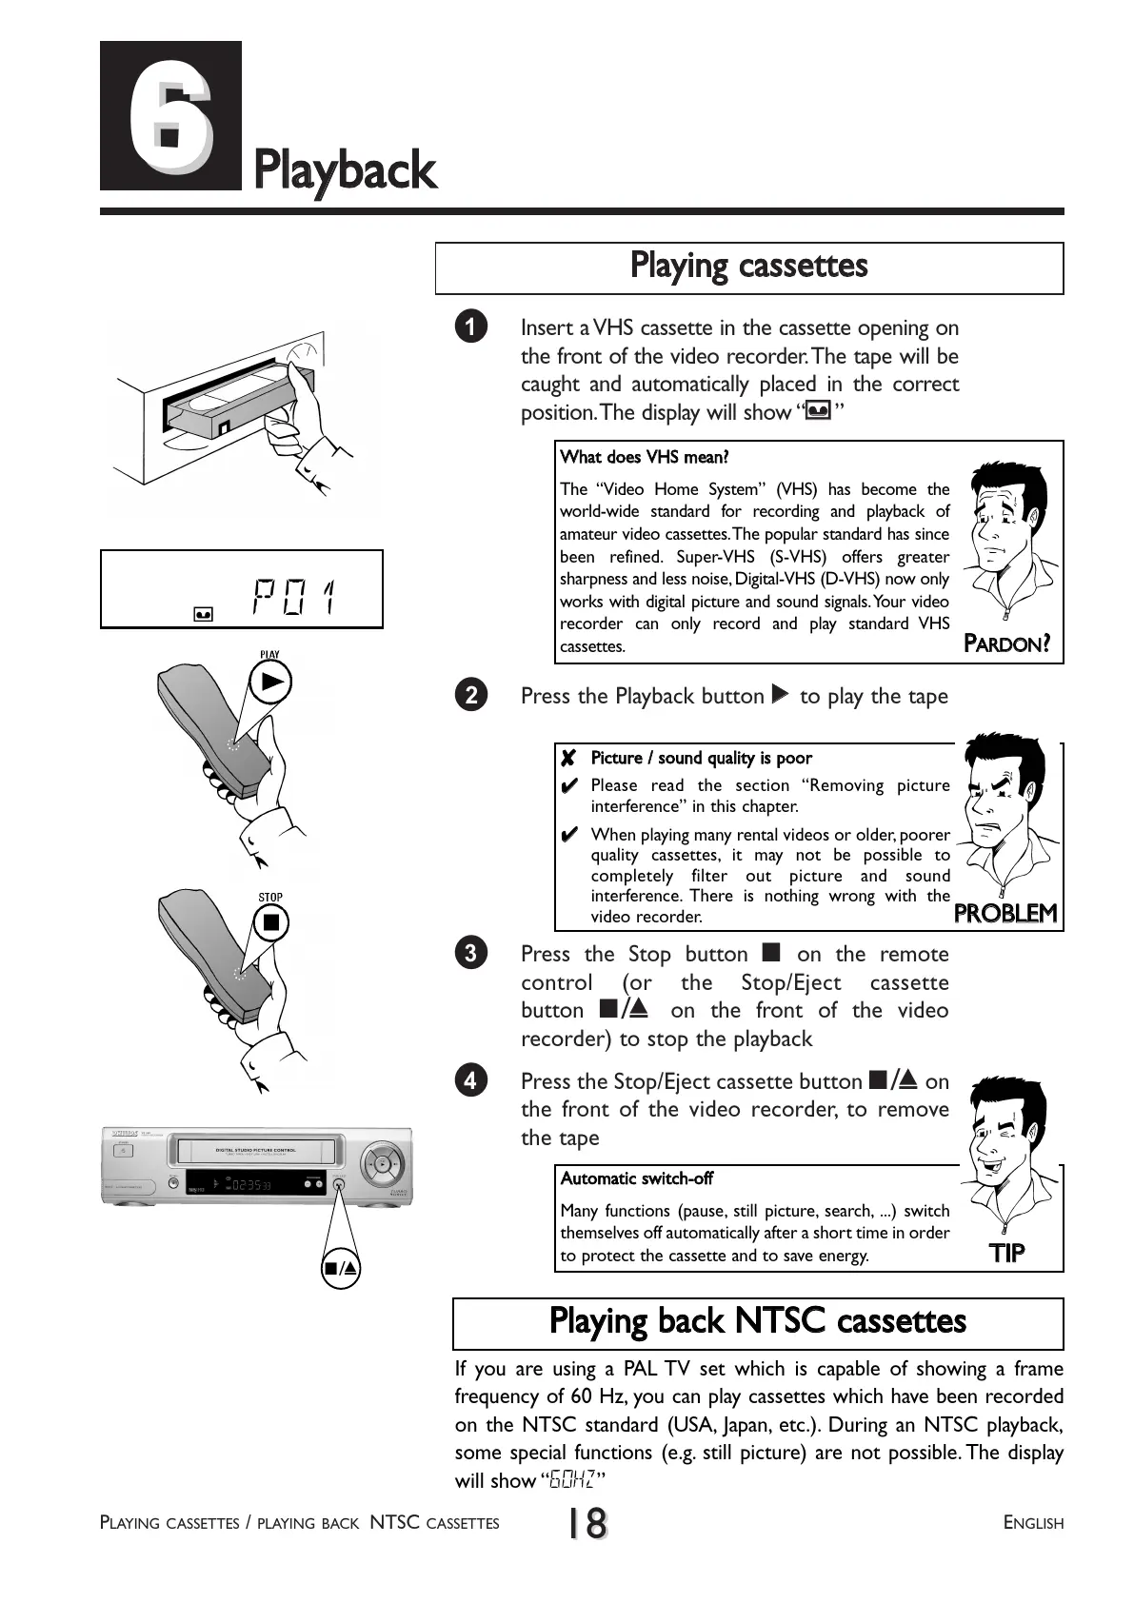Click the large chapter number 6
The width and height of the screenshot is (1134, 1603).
tap(170, 116)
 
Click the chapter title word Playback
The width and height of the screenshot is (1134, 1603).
tap(345, 172)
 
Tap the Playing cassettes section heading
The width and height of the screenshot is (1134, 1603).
tap(748, 266)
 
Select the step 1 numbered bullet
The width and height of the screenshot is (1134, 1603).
tap(471, 327)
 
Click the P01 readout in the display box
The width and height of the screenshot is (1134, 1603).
tap(294, 597)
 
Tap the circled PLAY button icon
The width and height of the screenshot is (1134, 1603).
tap(270, 682)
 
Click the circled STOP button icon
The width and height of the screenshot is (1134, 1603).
tap(271, 921)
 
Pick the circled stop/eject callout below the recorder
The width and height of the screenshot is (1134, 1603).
tap(341, 1268)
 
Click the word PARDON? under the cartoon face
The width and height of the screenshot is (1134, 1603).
tap(1006, 643)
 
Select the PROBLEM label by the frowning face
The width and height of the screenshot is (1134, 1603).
tap(1005, 914)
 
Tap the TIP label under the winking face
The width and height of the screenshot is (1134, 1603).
tap(1007, 1253)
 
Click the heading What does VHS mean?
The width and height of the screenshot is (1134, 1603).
tap(645, 458)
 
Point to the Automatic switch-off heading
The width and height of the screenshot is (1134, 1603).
tap(636, 1178)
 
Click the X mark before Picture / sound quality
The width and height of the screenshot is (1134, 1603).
tap(568, 759)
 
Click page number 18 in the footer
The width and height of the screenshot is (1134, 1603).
tap(587, 1523)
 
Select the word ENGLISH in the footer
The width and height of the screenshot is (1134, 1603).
tap(1033, 1523)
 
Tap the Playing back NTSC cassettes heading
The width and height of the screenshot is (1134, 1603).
tap(757, 1322)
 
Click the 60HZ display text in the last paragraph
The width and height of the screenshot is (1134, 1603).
tap(574, 1480)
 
